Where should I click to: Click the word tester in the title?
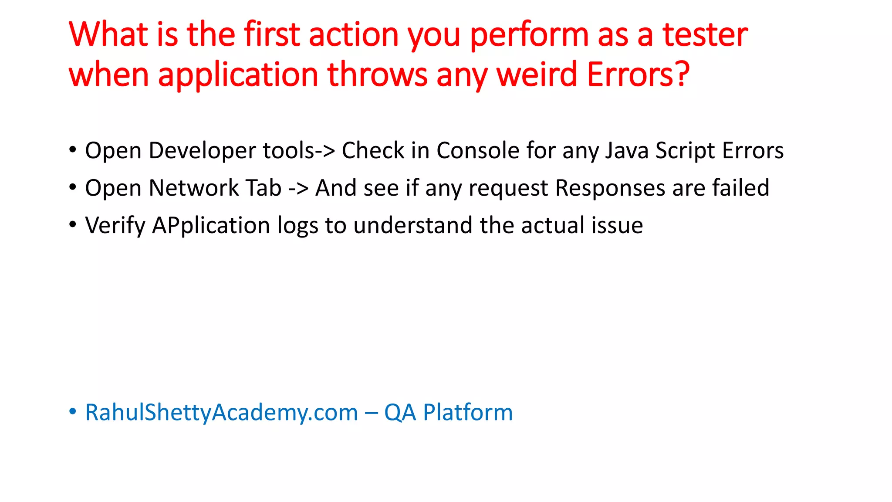coord(705,35)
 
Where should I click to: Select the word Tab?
coord(264,188)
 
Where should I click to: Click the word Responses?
coord(610,188)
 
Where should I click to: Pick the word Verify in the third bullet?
coord(115,226)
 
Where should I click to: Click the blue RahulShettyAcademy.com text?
coord(221,412)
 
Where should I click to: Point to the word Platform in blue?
coord(468,412)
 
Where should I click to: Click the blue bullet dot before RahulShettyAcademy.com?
coord(73,411)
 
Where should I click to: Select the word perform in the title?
coord(529,35)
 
